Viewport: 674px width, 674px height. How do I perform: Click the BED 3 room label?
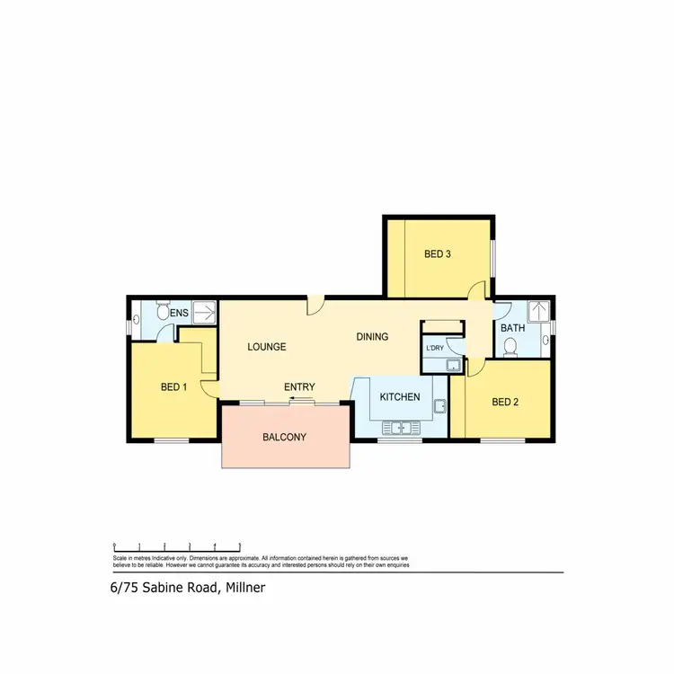click(x=437, y=254)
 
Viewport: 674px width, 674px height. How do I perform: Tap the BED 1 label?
click(x=173, y=387)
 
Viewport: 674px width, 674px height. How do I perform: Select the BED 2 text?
click(x=505, y=402)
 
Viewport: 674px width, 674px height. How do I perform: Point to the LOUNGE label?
click(x=267, y=346)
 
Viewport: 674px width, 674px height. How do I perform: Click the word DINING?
click(x=372, y=337)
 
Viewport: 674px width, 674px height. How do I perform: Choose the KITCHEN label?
click(x=400, y=397)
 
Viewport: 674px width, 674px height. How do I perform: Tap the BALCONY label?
click(x=285, y=438)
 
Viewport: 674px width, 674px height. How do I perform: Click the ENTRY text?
click(x=299, y=386)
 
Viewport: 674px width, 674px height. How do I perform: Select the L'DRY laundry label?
click(x=435, y=348)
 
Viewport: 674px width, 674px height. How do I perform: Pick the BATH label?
click(x=512, y=328)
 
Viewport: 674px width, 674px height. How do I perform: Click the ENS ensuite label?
click(x=179, y=313)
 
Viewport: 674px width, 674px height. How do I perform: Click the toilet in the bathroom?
click(x=512, y=348)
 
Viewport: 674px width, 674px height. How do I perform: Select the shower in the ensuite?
click(x=204, y=312)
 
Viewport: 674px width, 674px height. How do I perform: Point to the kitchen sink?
click(x=401, y=426)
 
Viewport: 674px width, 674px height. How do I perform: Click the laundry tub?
click(x=452, y=364)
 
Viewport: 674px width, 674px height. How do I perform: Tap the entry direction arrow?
click(x=300, y=397)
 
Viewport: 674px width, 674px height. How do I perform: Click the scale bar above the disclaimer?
click(x=176, y=546)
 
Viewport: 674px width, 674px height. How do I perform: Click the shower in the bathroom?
click(x=538, y=310)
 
